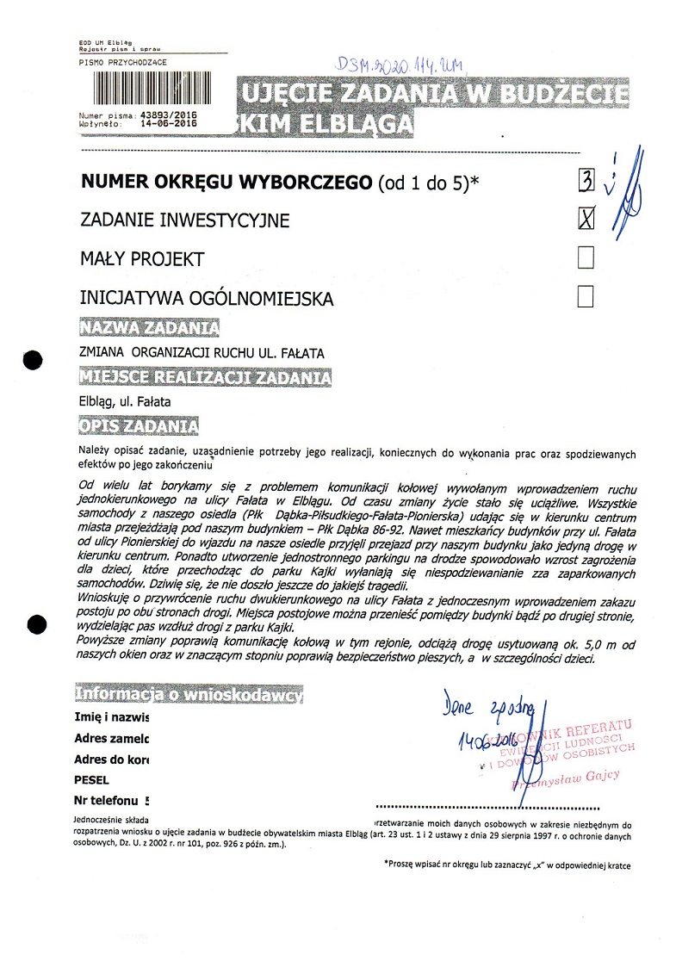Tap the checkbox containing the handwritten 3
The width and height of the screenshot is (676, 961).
586,179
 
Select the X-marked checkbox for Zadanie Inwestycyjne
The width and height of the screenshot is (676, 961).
586,219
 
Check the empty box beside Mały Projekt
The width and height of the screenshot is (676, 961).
586,257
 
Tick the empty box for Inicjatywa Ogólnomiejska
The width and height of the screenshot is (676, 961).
586,297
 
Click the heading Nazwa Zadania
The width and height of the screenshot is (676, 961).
148,328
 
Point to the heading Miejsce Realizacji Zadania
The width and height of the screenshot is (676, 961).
205,377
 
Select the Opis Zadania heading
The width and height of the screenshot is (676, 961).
139,426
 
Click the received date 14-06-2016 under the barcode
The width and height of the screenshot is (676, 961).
166,123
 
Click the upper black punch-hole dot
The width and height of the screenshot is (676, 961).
33,360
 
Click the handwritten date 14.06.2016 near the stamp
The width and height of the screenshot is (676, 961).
483,739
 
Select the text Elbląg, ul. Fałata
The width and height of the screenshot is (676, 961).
124,401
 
